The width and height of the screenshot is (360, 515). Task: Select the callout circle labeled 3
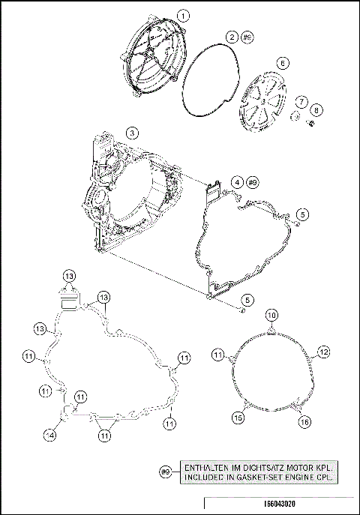click(132, 133)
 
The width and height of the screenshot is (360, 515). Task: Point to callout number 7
click(300, 101)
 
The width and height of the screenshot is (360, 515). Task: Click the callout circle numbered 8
click(315, 110)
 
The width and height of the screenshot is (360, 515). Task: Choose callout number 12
click(324, 351)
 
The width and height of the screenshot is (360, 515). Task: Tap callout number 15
click(237, 418)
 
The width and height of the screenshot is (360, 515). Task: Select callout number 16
click(304, 423)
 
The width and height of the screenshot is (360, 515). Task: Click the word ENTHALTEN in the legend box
click(213, 467)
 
